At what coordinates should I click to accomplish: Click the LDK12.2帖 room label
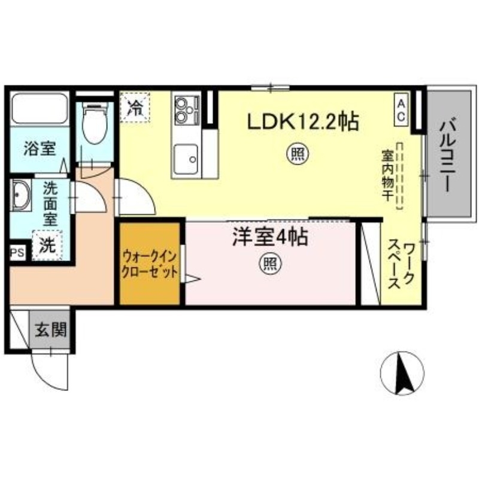click(x=304, y=122)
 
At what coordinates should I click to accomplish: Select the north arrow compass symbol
click(x=402, y=372)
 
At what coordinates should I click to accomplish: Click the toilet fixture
click(x=94, y=123)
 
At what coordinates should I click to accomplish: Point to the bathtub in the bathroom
click(x=40, y=109)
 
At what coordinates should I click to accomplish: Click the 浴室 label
click(x=40, y=150)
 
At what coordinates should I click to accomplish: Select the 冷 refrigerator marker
click(x=136, y=108)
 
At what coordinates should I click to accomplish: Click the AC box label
click(x=400, y=110)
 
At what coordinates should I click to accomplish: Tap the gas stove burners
click(x=186, y=108)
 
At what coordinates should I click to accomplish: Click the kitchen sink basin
click(x=186, y=159)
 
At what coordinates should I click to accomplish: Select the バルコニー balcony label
click(x=446, y=155)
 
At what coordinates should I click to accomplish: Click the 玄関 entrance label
click(x=50, y=329)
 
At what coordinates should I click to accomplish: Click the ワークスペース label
click(x=402, y=265)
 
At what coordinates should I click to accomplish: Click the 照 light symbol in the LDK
click(x=297, y=155)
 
